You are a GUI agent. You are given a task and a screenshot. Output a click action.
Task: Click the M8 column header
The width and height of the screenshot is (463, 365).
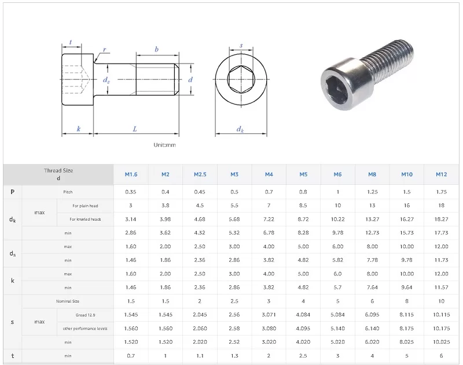pos(372,174)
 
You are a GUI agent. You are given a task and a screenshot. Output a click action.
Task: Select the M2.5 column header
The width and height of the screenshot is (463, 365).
pos(200,174)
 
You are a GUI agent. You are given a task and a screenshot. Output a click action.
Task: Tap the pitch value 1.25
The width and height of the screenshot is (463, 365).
pos(372,192)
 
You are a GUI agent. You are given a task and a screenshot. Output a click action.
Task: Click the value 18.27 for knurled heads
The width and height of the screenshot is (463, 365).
pos(441,219)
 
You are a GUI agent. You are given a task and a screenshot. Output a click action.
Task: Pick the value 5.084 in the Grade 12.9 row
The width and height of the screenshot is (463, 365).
pos(337,315)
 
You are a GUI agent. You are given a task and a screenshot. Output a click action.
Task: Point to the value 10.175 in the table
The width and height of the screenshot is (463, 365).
pos(441,328)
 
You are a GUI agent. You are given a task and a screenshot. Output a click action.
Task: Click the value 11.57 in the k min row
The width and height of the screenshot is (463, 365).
pos(441,287)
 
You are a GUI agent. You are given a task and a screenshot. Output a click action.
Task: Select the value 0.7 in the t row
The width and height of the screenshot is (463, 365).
pos(131,356)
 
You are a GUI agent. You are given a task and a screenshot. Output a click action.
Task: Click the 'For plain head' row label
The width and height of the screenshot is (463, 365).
pos(85,206)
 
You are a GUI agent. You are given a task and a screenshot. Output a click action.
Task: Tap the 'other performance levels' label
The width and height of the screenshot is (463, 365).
pos(85,329)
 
